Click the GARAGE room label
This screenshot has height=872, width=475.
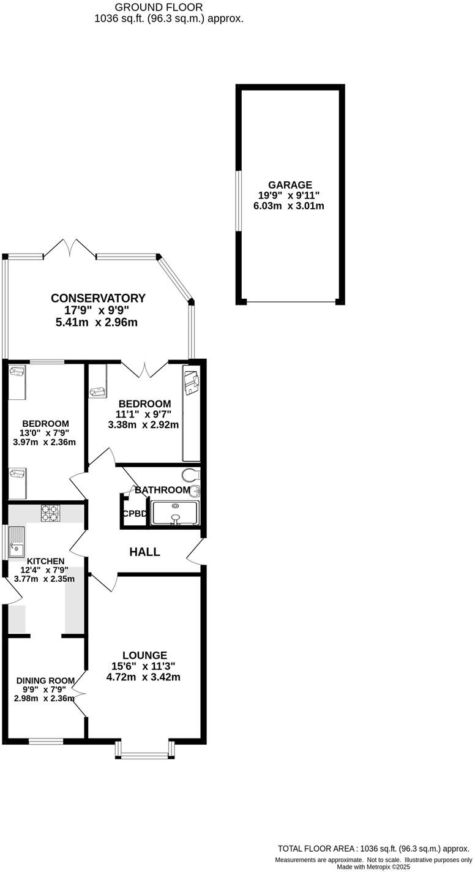(x=290, y=185)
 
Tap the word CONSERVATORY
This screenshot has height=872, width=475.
(x=98, y=298)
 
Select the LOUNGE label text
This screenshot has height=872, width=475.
(x=144, y=655)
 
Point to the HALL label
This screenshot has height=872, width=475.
(x=145, y=552)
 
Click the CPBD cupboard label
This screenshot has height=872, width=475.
(x=135, y=514)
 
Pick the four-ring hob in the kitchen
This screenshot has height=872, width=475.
(x=49, y=513)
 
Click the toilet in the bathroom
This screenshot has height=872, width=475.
(x=192, y=475)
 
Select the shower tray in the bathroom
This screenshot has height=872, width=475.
(x=175, y=513)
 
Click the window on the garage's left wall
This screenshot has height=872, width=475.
(x=239, y=201)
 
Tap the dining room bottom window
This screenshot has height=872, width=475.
(x=46, y=742)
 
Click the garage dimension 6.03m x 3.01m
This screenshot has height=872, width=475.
(x=289, y=206)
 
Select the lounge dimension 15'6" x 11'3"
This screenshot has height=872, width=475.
(x=144, y=666)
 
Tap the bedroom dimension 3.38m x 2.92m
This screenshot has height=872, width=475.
(x=143, y=424)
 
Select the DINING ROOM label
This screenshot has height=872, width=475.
(x=45, y=680)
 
